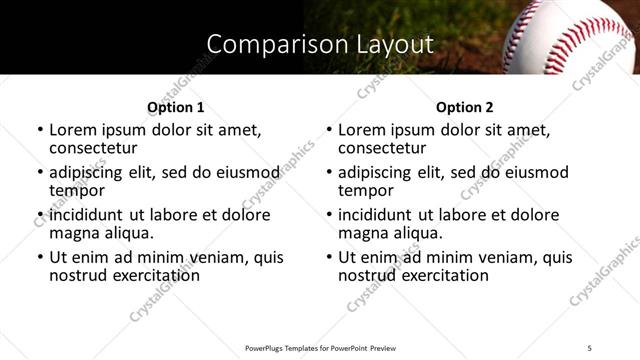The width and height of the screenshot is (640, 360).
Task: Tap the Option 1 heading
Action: (x=176, y=107)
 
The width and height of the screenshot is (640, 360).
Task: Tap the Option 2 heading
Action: (x=465, y=107)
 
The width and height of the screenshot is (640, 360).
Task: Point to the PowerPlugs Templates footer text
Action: (x=319, y=347)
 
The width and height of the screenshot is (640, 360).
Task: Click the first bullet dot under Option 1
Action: (x=40, y=130)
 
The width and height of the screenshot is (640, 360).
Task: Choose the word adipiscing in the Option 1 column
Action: (x=90, y=172)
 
